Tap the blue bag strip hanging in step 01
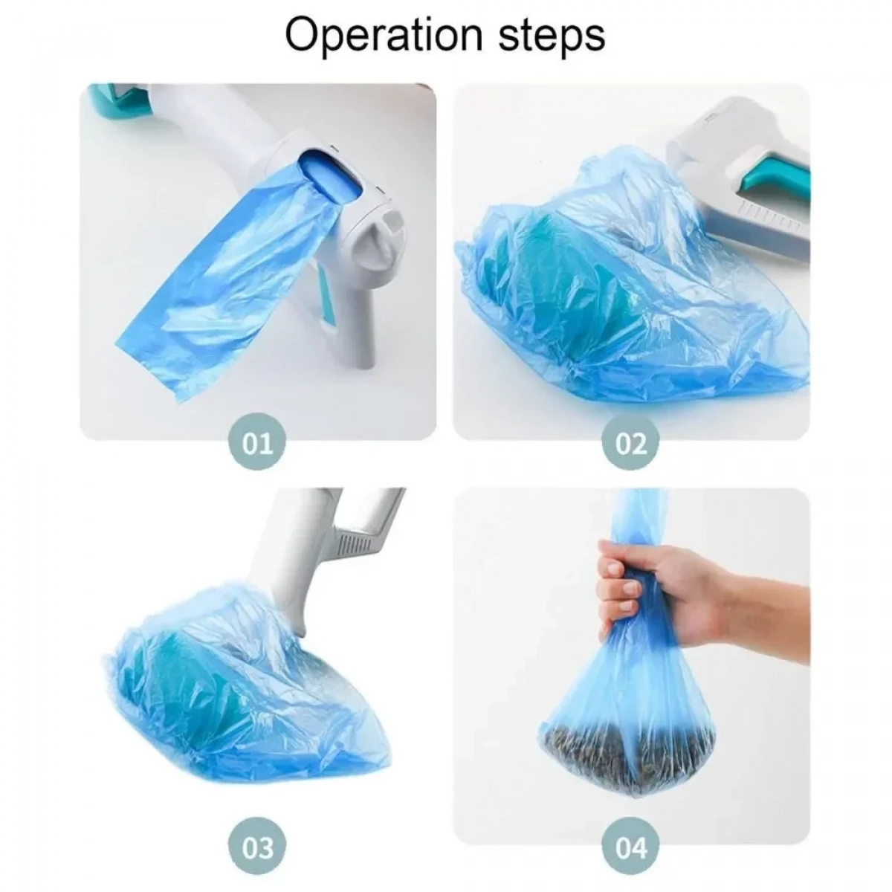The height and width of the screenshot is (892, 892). pos(222,287)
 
